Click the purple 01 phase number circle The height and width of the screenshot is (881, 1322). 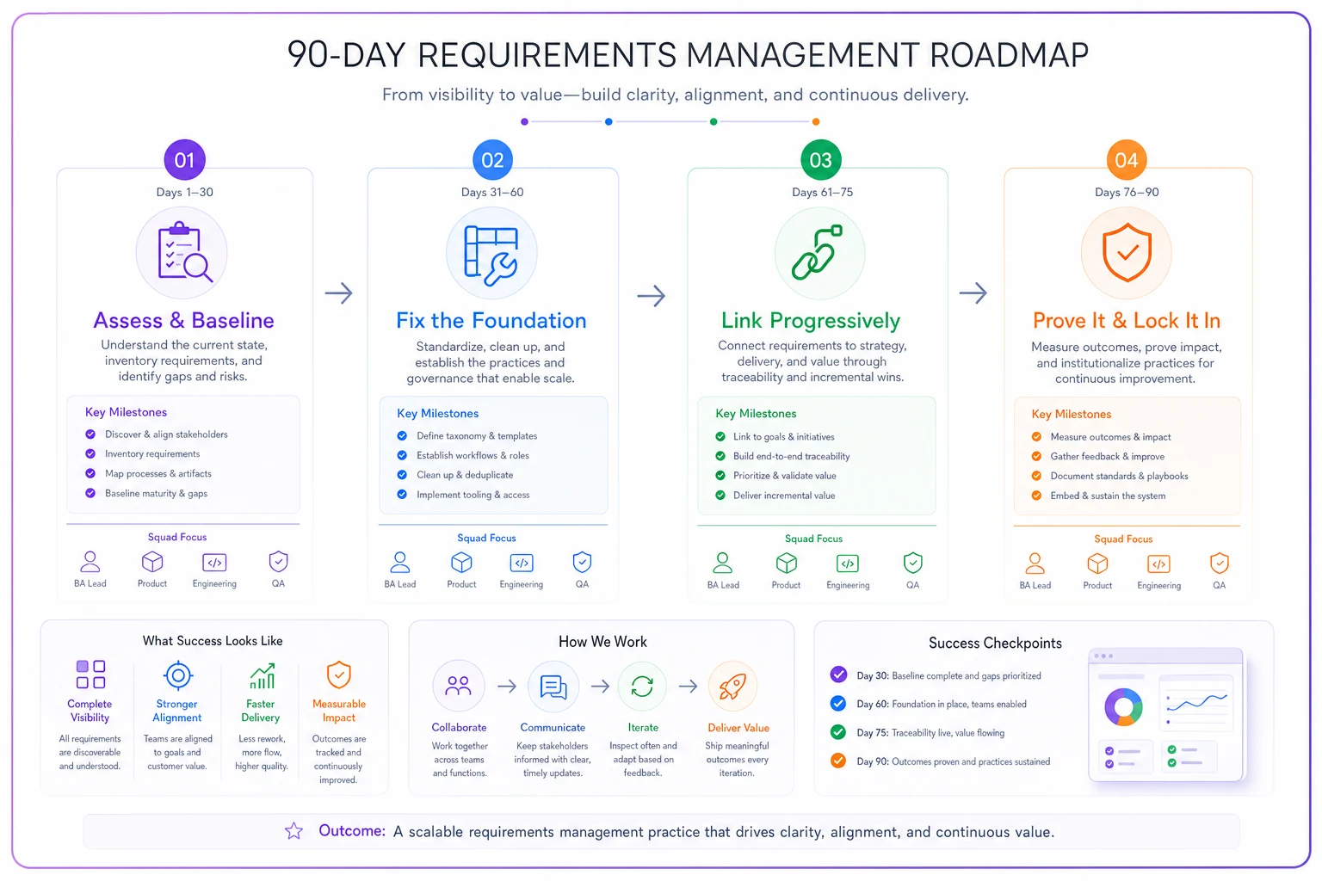click(x=184, y=160)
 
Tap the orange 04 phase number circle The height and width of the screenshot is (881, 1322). click(x=1126, y=160)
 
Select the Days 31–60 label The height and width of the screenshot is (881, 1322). click(x=492, y=192)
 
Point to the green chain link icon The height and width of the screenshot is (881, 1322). click(x=818, y=252)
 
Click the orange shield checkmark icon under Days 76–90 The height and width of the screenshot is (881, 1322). click(x=1127, y=252)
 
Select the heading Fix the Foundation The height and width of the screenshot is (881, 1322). click(x=491, y=320)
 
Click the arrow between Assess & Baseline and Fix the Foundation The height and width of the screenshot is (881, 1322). click(x=339, y=293)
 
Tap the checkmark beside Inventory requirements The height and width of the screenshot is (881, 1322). click(x=90, y=453)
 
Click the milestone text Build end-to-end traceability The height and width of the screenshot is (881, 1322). click(x=792, y=456)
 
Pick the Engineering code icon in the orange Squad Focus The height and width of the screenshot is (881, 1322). click(x=1158, y=564)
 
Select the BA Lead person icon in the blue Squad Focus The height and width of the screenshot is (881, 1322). click(x=399, y=563)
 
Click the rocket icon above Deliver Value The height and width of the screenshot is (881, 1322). click(x=732, y=687)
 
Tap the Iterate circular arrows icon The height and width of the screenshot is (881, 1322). click(x=642, y=687)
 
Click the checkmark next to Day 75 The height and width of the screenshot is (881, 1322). click(x=838, y=732)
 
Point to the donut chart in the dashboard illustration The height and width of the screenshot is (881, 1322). click(x=1123, y=707)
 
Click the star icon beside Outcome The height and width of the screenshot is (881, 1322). click(x=293, y=831)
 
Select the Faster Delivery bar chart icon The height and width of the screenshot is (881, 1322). click(x=262, y=676)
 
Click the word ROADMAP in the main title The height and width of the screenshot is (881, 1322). click(x=1009, y=55)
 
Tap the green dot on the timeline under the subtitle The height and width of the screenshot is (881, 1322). click(x=714, y=121)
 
